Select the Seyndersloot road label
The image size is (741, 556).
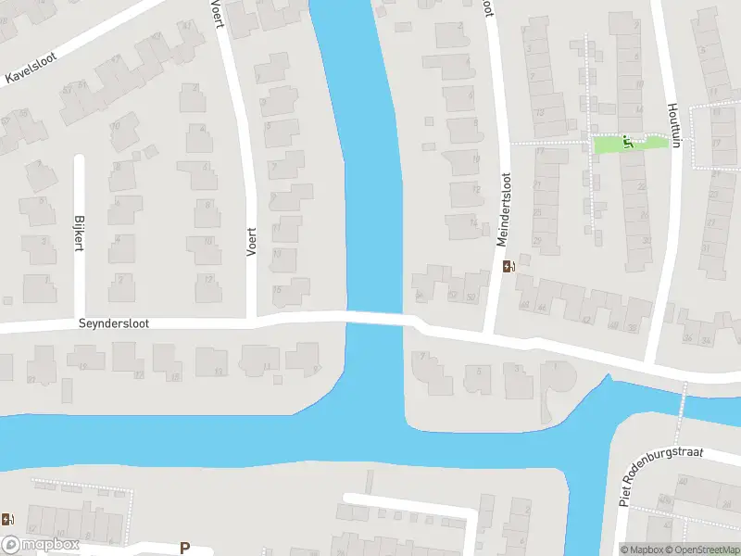(x=113, y=324)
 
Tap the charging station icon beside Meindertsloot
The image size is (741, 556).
(x=509, y=267)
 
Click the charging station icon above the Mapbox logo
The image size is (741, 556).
(x=7, y=520)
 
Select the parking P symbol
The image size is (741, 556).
(x=184, y=548)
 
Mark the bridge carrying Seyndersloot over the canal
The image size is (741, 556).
(x=375, y=318)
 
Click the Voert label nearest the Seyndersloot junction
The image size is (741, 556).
(x=250, y=241)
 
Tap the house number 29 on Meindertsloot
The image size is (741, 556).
(x=538, y=241)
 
